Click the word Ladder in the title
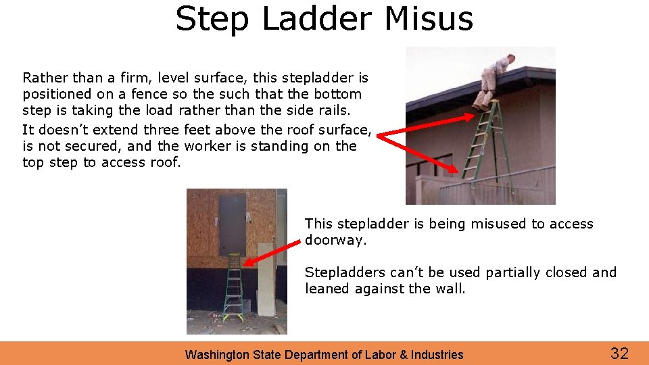click(x=316, y=19)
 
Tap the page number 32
click(x=619, y=353)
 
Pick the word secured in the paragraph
click(x=94, y=146)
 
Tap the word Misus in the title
click(x=429, y=19)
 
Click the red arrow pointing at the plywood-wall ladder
click(x=270, y=251)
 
